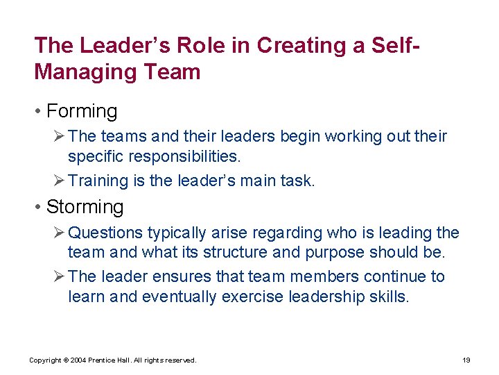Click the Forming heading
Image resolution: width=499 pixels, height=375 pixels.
(82, 111)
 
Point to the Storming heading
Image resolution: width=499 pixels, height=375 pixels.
(85, 207)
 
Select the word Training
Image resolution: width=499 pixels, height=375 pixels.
(97, 181)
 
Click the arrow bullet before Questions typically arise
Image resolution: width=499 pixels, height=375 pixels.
(58, 233)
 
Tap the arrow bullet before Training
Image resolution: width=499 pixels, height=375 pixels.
(58, 181)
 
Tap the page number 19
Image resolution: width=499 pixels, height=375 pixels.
(466, 360)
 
